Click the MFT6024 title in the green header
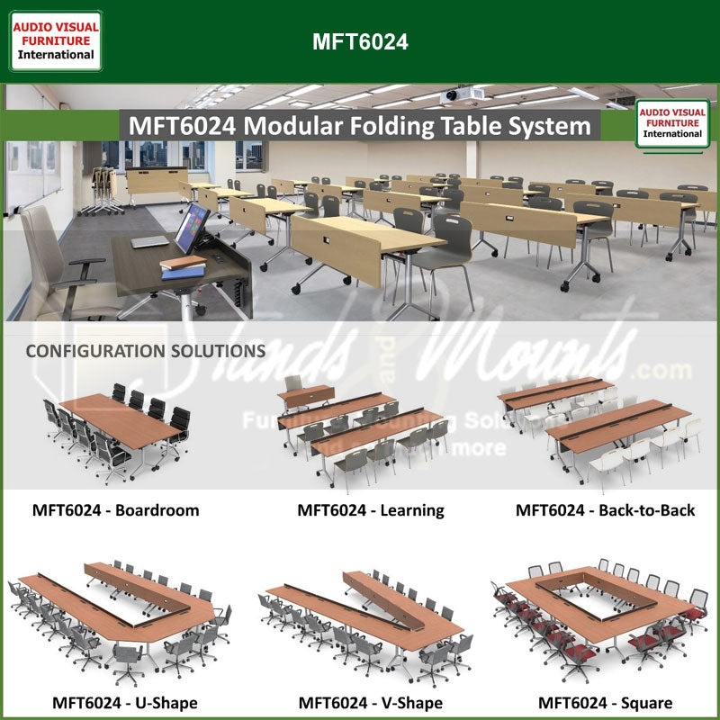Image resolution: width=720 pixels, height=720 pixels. pyautogui.click(x=360, y=42)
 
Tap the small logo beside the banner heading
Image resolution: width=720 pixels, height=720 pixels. pyautogui.click(x=672, y=123)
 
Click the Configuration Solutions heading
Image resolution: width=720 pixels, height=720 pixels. pyautogui.click(x=145, y=350)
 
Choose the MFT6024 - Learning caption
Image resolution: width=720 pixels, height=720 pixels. pyautogui.click(x=371, y=510)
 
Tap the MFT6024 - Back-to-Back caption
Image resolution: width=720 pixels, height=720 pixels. pyautogui.click(x=605, y=510)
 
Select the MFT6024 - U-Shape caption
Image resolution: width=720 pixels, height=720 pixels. pyautogui.click(x=124, y=702)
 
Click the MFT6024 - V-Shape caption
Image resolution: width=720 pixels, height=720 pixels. pyautogui.click(x=370, y=702)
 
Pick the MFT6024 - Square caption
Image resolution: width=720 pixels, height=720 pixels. pyautogui.click(x=605, y=702)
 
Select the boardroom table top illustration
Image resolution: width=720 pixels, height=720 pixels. pyautogui.click(x=121, y=419)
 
